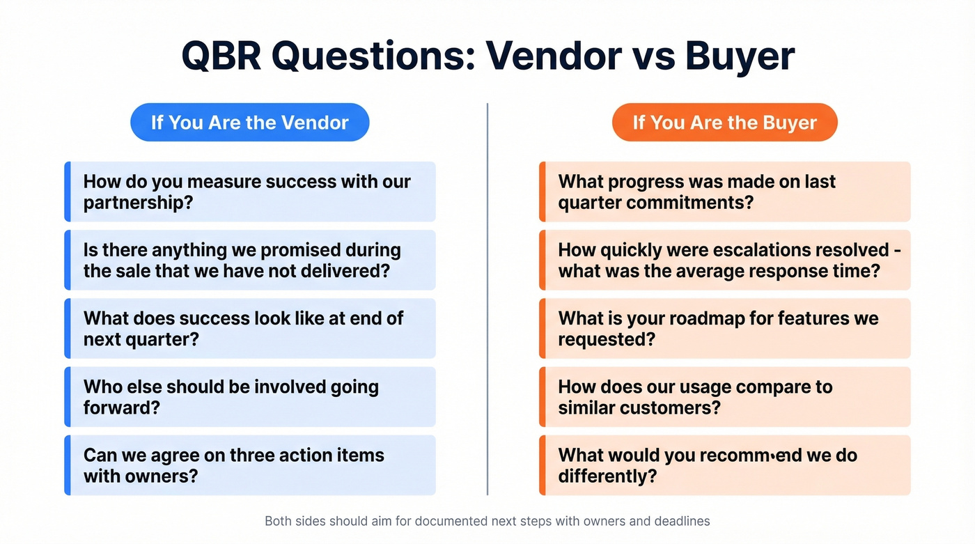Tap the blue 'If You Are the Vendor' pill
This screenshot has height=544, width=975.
[x=249, y=123]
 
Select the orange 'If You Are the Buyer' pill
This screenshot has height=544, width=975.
[x=724, y=123]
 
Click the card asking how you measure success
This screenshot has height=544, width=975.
[x=251, y=192]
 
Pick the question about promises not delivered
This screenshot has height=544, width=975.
[x=251, y=260]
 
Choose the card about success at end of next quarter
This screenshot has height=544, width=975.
[x=251, y=328]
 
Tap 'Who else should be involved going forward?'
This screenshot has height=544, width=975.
[x=251, y=396]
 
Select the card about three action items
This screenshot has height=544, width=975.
[x=251, y=465]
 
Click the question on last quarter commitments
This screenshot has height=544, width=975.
[x=724, y=192]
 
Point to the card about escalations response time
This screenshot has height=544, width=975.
[x=724, y=260]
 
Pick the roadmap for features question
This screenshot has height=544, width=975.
[x=724, y=328]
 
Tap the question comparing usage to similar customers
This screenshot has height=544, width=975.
[x=724, y=396]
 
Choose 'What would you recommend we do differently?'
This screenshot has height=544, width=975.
[x=724, y=465]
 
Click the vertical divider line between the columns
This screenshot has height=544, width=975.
[x=487, y=300]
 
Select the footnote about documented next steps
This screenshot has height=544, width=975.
[x=487, y=521]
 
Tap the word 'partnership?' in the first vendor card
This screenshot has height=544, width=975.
[x=138, y=203]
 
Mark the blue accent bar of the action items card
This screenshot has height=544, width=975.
[x=68, y=465]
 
